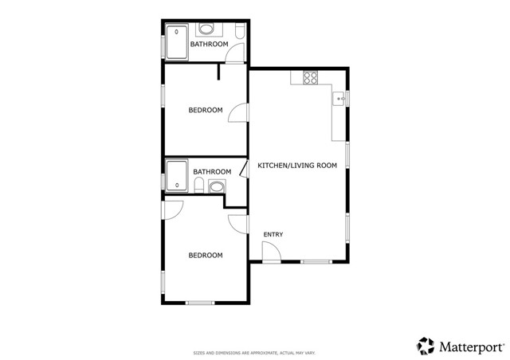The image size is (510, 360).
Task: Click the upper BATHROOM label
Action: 209,45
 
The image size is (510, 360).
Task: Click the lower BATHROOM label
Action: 212,171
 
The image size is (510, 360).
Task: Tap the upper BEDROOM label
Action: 205,110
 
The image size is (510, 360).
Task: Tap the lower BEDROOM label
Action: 205,255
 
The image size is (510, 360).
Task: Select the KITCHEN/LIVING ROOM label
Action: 297,166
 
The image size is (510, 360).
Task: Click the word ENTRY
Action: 273,234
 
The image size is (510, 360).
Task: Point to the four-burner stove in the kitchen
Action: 310,78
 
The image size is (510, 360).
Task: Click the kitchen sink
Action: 339,100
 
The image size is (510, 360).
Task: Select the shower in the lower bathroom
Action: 176,176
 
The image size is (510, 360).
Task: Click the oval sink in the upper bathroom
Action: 207,29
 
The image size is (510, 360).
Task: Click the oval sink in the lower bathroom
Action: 216,188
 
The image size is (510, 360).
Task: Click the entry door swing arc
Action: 271,252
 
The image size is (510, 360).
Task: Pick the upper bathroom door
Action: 233,54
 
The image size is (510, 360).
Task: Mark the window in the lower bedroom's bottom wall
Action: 200,303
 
